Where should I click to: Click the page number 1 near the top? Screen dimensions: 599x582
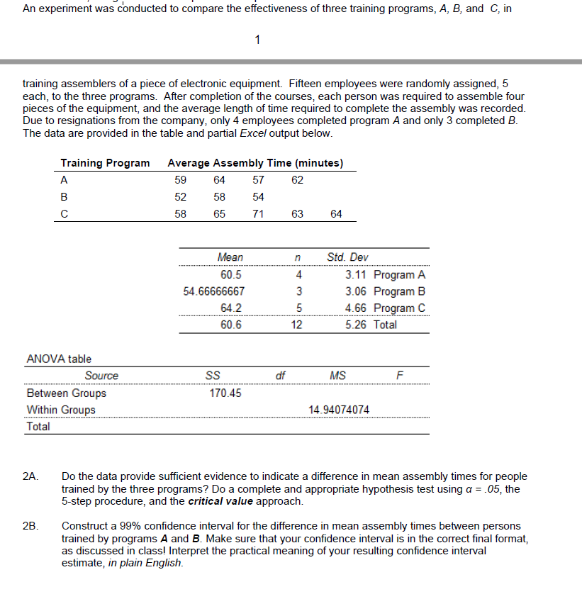[x=258, y=40]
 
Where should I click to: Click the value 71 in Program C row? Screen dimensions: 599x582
[x=258, y=213]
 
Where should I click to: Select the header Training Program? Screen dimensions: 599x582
[x=105, y=163]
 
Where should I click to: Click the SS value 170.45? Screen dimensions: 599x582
[x=225, y=393]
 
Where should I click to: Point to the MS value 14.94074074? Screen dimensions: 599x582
[x=339, y=410]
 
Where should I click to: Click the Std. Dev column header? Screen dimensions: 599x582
[x=347, y=257]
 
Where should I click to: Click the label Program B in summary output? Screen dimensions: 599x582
[x=399, y=291]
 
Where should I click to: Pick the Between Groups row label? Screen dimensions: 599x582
[x=66, y=393]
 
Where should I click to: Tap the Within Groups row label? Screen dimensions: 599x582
[x=61, y=410]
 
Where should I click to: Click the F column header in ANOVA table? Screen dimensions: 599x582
[x=398, y=376]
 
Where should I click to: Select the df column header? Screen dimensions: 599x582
[x=280, y=376]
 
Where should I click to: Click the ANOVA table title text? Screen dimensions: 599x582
[x=59, y=359]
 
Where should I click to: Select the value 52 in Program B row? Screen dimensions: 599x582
[x=181, y=196]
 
